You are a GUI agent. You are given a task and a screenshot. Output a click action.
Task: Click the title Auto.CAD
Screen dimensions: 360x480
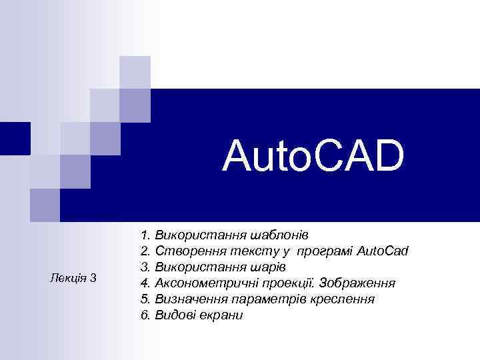tap(314, 155)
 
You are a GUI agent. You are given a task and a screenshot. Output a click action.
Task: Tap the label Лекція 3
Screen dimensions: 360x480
tap(73, 277)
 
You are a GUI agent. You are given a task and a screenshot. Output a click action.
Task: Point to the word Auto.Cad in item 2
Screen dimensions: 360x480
tap(383, 251)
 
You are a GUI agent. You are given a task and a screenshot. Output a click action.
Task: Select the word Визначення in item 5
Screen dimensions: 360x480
tap(186, 299)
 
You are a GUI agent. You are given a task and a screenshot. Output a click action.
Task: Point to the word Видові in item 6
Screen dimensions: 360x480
tap(173, 315)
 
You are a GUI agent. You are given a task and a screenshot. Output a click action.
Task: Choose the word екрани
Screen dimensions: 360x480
tap(220, 315)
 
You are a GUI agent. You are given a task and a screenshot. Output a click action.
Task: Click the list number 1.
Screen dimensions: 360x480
tap(145, 235)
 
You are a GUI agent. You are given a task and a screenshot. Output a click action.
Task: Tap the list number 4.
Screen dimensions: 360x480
tap(145, 283)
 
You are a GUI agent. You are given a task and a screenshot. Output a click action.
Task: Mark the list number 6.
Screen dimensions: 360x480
tap(145, 315)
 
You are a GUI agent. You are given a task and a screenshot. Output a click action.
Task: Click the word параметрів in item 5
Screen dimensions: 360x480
tap(265, 299)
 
